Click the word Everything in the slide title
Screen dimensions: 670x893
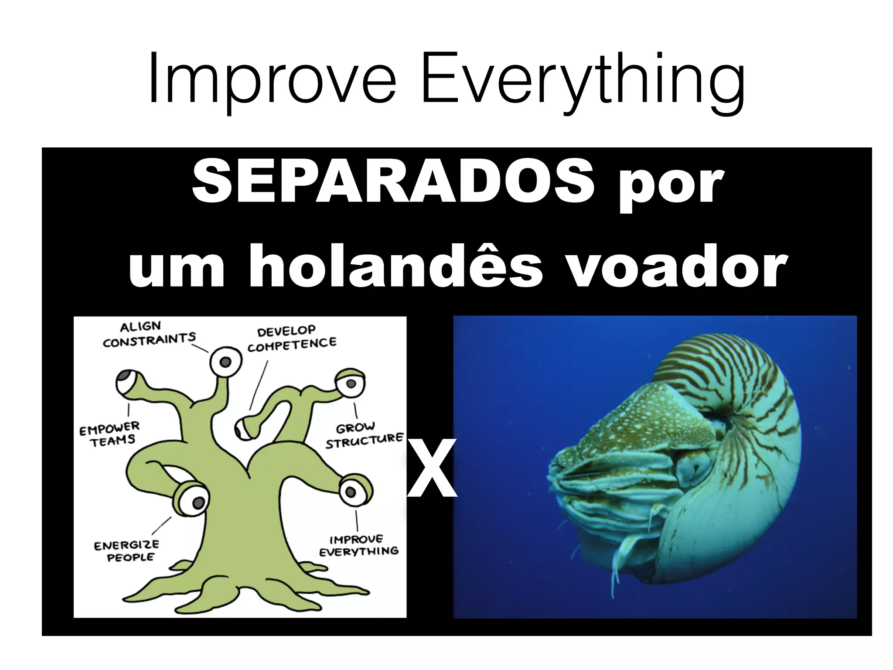[x=582, y=83]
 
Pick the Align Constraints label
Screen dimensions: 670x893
[x=149, y=334]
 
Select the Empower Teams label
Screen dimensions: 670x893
[x=110, y=434]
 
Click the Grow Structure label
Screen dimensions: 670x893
[x=364, y=435]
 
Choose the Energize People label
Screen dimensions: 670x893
[x=126, y=551]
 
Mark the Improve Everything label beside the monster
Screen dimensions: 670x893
[x=358, y=546]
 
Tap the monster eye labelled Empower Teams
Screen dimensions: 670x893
[x=128, y=383]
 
